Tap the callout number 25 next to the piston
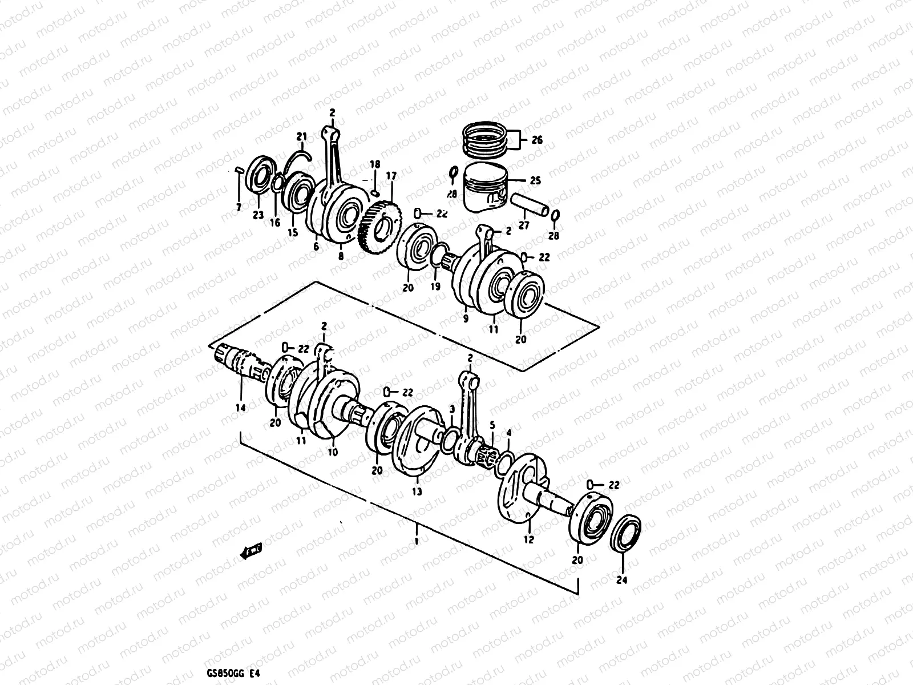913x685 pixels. (x=535, y=181)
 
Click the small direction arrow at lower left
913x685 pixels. (x=251, y=551)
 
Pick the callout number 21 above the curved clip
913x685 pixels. (x=301, y=136)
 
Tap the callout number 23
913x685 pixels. (x=258, y=215)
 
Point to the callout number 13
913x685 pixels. (x=417, y=491)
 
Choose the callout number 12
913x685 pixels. (x=528, y=539)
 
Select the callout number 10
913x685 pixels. (x=333, y=452)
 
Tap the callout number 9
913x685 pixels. (x=466, y=319)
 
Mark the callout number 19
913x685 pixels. (x=435, y=287)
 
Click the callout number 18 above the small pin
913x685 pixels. (x=374, y=164)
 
